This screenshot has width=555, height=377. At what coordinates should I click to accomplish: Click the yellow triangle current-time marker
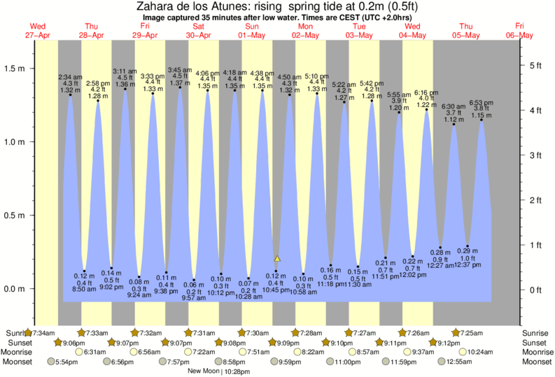tap(277, 259)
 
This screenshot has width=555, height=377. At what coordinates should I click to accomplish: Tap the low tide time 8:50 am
tap(84, 289)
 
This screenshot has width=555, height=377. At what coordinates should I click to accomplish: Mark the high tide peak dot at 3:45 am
tap(180, 87)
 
